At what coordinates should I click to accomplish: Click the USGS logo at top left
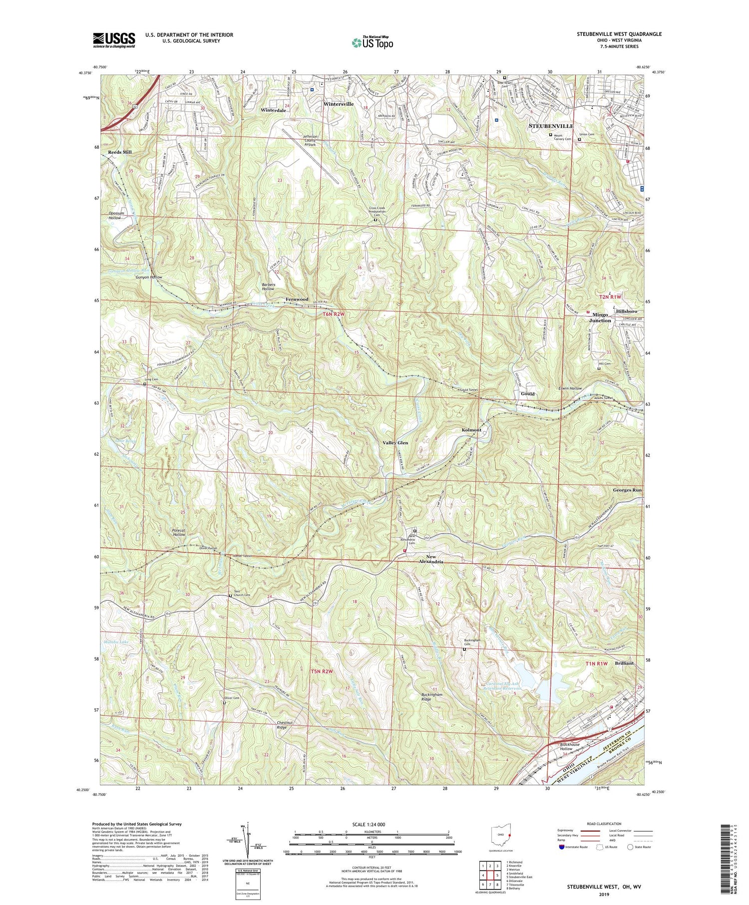(114, 40)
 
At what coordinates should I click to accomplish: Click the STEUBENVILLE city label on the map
(551, 126)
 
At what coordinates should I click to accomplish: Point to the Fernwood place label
(297, 299)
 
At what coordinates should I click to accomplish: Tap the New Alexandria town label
(434, 559)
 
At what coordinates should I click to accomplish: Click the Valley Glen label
(395, 443)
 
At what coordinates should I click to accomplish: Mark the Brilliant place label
(624, 663)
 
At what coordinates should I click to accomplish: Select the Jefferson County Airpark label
(316, 140)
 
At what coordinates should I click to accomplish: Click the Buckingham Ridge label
(431, 697)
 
